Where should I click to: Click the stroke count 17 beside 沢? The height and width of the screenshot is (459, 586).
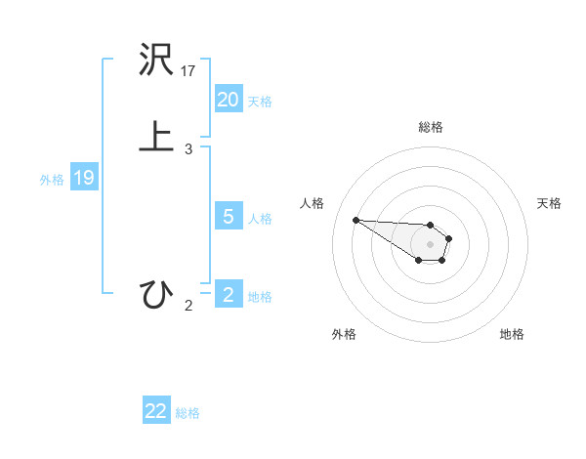(188, 71)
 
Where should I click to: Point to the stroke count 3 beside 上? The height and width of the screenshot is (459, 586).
(188, 149)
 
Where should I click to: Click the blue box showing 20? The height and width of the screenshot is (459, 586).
(228, 100)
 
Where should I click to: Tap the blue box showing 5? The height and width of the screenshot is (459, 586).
(228, 217)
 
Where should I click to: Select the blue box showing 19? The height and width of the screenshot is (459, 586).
(84, 178)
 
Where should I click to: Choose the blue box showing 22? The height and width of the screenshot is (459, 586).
(156, 411)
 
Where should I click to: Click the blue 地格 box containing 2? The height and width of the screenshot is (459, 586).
(228, 295)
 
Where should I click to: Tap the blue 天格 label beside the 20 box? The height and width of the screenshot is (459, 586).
(260, 102)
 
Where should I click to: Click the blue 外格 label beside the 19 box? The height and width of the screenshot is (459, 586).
(52, 180)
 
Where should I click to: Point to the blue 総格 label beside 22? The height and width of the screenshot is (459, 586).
(188, 413)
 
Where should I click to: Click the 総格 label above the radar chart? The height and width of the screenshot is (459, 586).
(431, 127)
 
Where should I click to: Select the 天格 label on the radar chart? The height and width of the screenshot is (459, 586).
(549, 203)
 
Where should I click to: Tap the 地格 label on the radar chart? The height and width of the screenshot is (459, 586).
(512, 334)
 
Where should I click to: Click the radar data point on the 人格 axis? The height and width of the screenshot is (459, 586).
(356, 220)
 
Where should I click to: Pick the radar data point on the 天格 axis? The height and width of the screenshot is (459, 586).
(449, 237)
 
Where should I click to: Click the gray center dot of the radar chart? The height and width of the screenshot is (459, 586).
(431, 243)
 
